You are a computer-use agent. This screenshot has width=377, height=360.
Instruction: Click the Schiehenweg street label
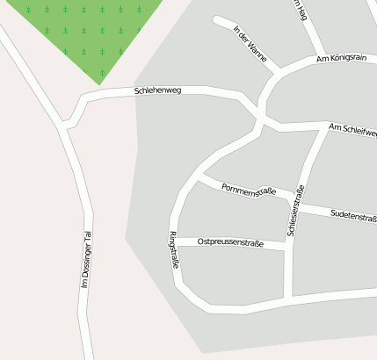tap(157, 90)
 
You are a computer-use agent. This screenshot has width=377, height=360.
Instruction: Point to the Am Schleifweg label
tap(352, 131)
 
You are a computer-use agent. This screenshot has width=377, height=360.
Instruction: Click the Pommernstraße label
tap(249, 190)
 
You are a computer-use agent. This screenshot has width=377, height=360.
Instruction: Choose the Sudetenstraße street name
tap(353, 215)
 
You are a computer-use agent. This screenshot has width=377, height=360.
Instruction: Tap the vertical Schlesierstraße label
tap(296, 212)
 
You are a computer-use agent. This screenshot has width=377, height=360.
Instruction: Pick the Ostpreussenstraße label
tap(231, 241)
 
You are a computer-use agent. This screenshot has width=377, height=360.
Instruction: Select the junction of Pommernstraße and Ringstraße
tap(200, 178)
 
